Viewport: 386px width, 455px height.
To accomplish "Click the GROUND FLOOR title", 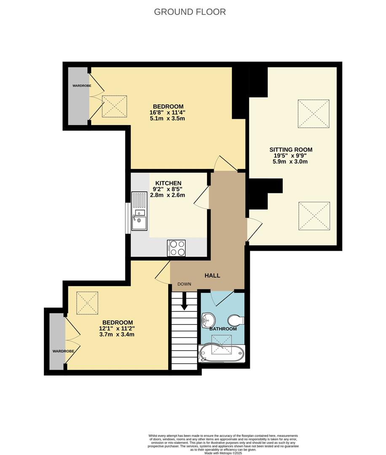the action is pos(190,12).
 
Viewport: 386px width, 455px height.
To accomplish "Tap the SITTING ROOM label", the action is pos(291,150).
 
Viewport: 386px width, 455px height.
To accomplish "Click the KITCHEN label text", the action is pos(168,183).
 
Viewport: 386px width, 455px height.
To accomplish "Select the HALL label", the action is pos(212,276).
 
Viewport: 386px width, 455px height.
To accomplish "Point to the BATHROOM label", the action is pos(223,329).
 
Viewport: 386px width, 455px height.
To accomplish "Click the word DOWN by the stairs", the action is pos(184,284).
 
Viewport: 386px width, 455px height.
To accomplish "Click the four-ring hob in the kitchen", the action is pos(176,248).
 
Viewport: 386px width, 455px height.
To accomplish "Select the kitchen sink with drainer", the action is pos(139,211).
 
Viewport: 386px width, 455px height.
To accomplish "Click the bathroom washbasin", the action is pos(208,320).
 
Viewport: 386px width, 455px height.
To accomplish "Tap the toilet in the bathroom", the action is pos(236,321).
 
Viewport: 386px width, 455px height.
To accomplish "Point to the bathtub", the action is pos(221,353).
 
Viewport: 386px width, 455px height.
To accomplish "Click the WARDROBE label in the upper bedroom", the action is pos(82,86).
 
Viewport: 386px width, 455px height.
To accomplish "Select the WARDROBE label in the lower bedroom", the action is pos(63,351).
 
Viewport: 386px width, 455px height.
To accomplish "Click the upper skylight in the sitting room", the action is pos(314,114).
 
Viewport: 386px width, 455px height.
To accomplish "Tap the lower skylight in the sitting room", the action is pos(314,216).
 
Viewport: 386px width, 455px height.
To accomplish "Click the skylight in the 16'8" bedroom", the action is pos(114,107).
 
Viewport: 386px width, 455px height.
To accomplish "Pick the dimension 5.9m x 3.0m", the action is pos(290,162).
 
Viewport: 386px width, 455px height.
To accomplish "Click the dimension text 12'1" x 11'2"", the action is pos(117,329).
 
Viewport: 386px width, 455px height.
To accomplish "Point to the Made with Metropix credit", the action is pos(223,453).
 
